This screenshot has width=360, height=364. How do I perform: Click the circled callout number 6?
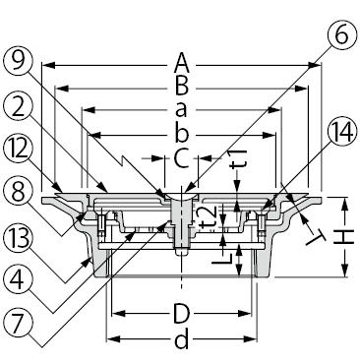341,35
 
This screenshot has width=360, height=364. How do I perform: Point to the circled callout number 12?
19,151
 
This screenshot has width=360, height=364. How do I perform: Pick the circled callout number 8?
19,195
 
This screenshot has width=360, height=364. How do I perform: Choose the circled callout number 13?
19,238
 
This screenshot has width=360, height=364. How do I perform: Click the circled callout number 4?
19,280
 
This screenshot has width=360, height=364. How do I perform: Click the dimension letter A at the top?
182,64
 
